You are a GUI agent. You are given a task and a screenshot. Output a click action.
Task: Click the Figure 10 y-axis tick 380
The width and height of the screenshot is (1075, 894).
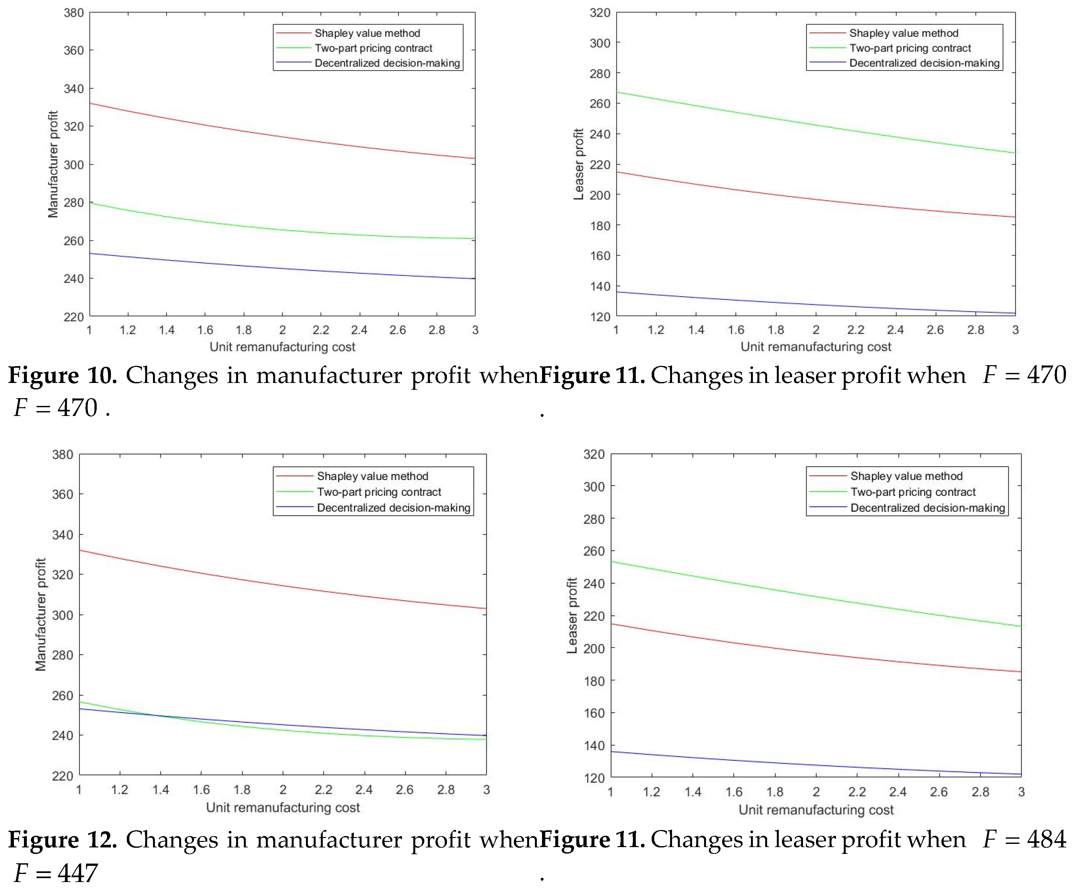point(74,13)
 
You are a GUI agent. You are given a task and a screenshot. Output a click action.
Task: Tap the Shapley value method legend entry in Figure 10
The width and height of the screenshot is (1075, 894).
point(367,33)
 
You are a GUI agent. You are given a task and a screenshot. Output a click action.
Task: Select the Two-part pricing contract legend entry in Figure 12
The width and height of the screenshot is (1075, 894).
point(379,492)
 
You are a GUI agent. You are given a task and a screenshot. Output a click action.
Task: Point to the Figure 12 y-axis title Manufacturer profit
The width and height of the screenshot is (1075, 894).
point(40,615)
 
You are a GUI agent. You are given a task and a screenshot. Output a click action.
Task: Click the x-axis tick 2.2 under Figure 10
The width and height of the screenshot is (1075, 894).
point(321,330)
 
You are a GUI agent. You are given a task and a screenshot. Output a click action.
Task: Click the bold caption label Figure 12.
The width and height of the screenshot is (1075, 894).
point(62,840)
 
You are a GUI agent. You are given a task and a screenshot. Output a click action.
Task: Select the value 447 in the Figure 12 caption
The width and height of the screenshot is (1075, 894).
point(77,873)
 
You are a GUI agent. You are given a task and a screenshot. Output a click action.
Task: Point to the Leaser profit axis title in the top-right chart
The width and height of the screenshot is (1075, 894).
point(579,164)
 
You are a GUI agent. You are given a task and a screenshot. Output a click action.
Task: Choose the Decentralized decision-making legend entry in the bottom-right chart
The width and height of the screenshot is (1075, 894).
point(928,508)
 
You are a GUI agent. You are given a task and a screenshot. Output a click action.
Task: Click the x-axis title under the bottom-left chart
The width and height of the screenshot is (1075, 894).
point(283,807)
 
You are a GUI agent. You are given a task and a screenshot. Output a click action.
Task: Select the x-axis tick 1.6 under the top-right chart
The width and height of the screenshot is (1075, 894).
point(736,330)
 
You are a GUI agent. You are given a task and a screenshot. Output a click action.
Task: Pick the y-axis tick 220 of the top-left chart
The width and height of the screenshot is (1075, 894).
point(74,317)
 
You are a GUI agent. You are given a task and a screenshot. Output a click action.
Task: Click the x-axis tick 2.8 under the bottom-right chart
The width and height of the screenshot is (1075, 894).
point(980,792)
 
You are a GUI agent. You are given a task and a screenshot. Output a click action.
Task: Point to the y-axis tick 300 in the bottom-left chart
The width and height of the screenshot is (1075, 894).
point(62,615)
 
